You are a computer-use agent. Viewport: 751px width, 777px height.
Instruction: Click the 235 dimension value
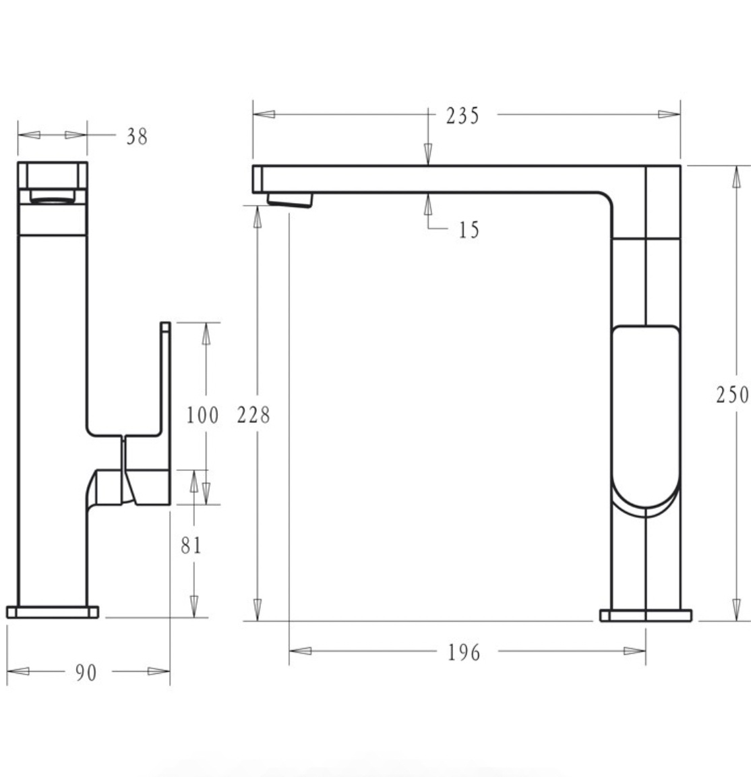(x=462, y=115)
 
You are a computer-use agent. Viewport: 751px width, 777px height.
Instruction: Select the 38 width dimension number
(x=137, y=137)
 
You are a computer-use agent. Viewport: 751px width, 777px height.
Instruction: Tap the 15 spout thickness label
(x=469, y=230)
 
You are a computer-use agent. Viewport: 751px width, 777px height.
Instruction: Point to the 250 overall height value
(x=732, y=395)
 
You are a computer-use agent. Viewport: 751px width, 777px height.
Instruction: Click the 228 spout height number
(x=253, y=415)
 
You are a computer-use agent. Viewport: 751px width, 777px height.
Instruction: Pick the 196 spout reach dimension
(x=464, y=652)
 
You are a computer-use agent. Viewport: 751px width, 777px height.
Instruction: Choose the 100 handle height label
(x=203, y=415)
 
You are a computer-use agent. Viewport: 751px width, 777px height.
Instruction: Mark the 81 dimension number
(x=191, y=545)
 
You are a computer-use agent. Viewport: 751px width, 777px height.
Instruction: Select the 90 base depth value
(x=86, y=672)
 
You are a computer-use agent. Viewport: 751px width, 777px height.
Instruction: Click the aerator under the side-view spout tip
(x=291, y=200)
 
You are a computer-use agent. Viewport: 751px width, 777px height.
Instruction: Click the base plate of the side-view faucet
(x=645, y=615)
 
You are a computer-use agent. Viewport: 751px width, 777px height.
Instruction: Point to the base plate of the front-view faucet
(x=53, y=612)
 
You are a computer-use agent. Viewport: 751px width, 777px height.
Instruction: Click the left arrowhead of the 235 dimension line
(x=264, y=114)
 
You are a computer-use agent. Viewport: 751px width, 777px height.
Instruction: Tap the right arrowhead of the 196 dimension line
(x=635, y=651)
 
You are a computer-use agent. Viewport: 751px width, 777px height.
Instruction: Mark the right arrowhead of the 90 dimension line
(x=159, y=671)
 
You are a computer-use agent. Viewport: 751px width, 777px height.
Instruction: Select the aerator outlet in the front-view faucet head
(x=53, y=196)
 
